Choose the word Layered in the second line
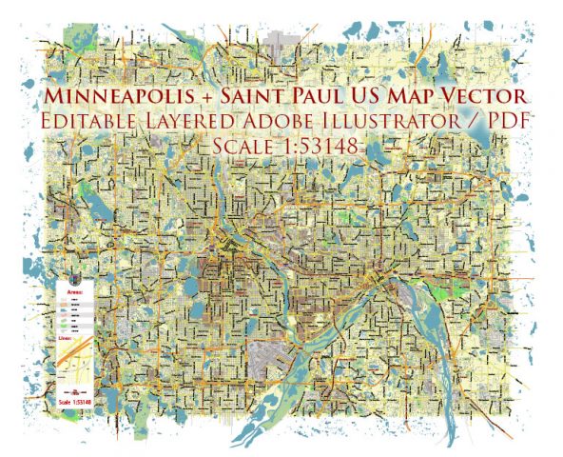pos(194,124)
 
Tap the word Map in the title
pos(417,97)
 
